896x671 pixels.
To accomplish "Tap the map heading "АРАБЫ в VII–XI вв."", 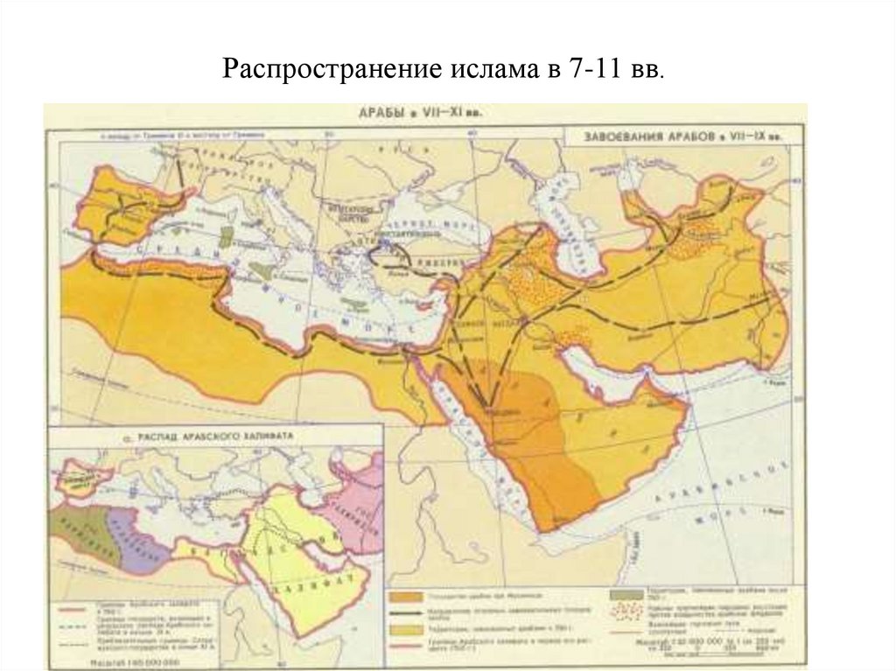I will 419,113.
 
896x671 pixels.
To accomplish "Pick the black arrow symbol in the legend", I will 407,612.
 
